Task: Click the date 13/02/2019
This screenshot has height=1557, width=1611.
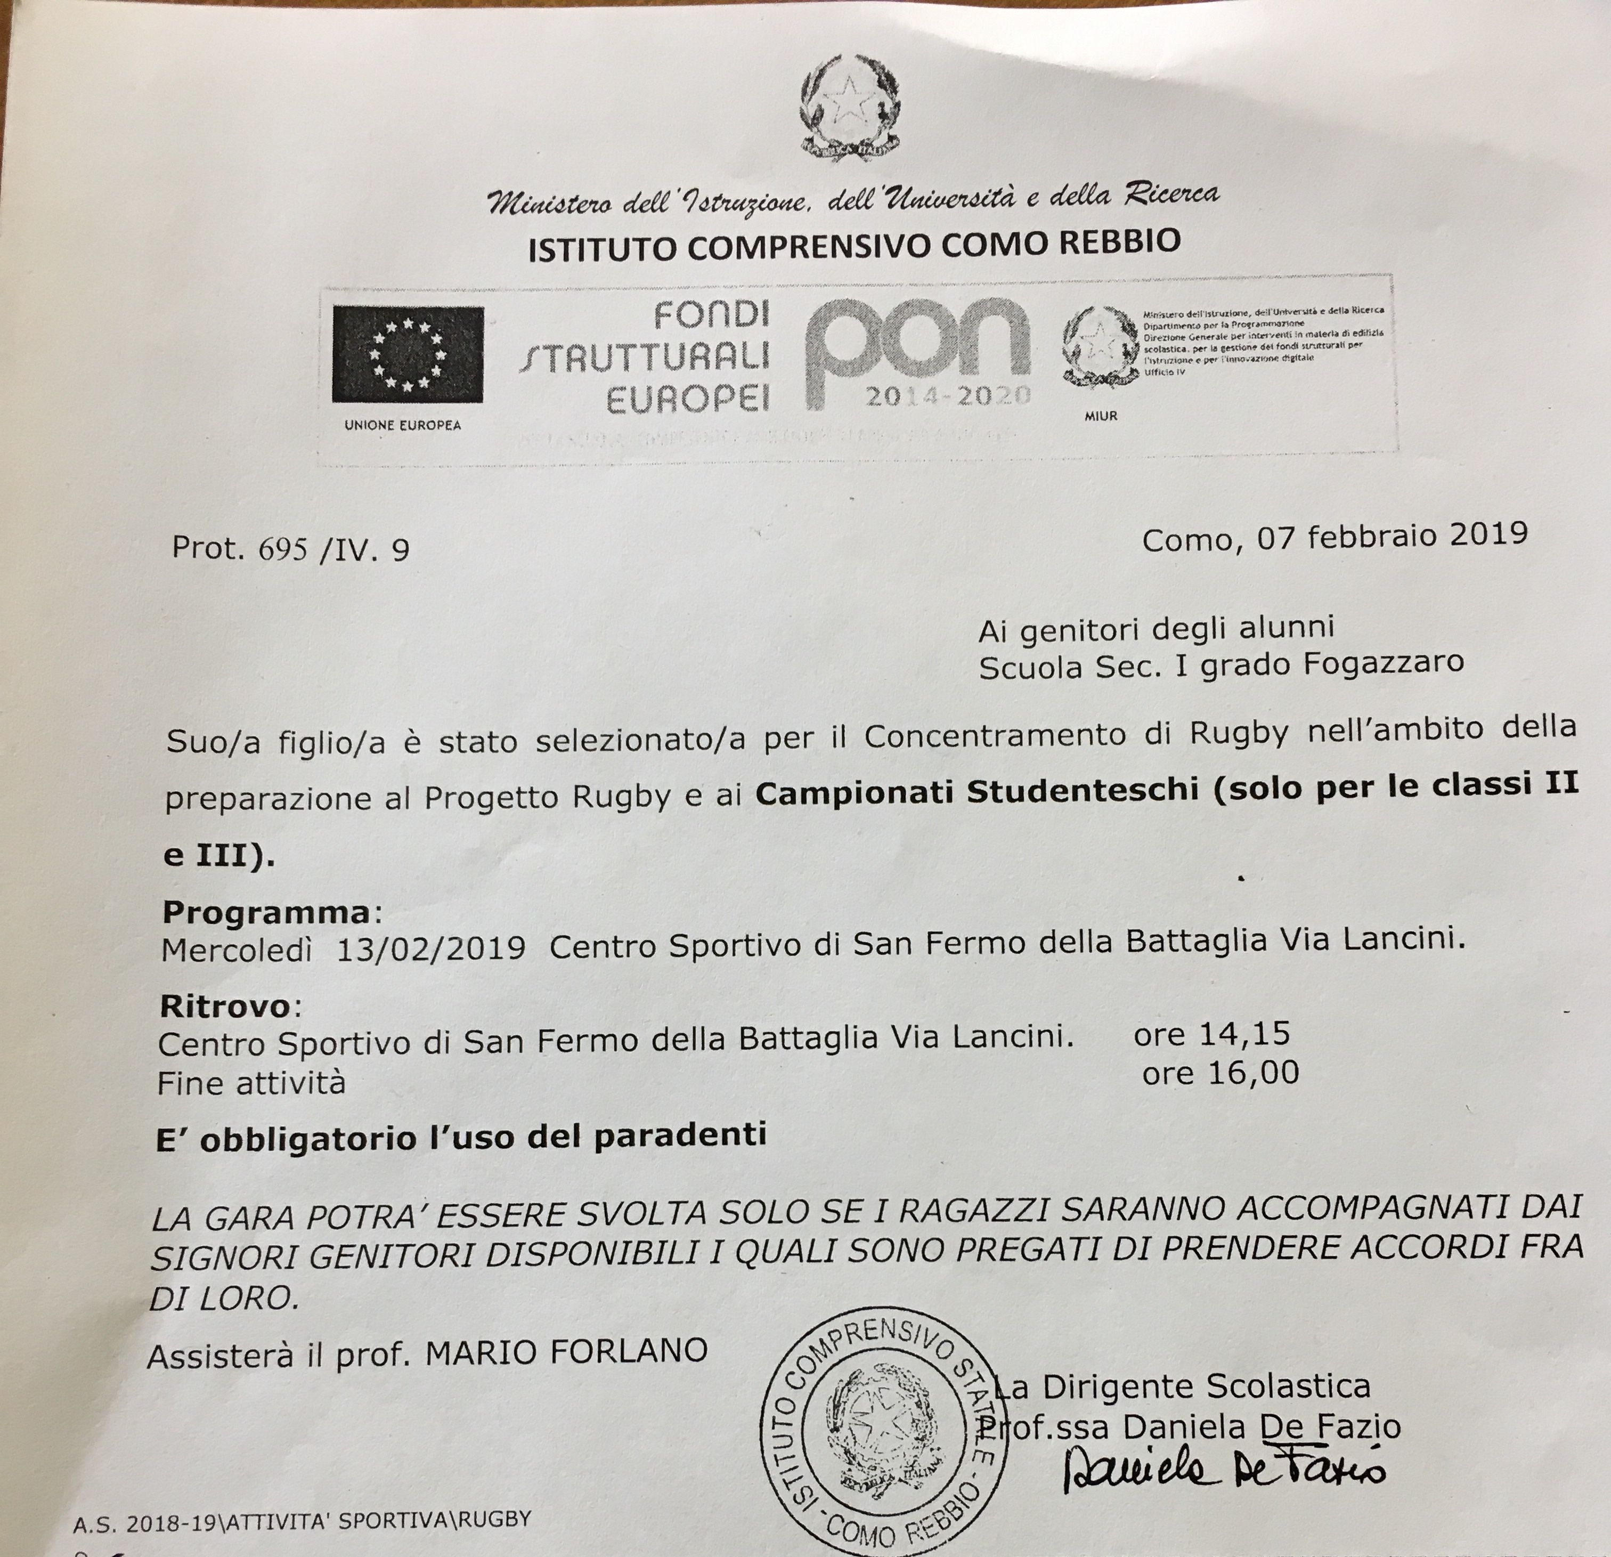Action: pos(430,948)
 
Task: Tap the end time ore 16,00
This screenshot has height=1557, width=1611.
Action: pos(1220,1073)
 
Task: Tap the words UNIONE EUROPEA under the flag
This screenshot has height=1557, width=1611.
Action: pos(403,425)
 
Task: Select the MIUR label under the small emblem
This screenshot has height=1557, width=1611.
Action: pos(1101,416)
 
